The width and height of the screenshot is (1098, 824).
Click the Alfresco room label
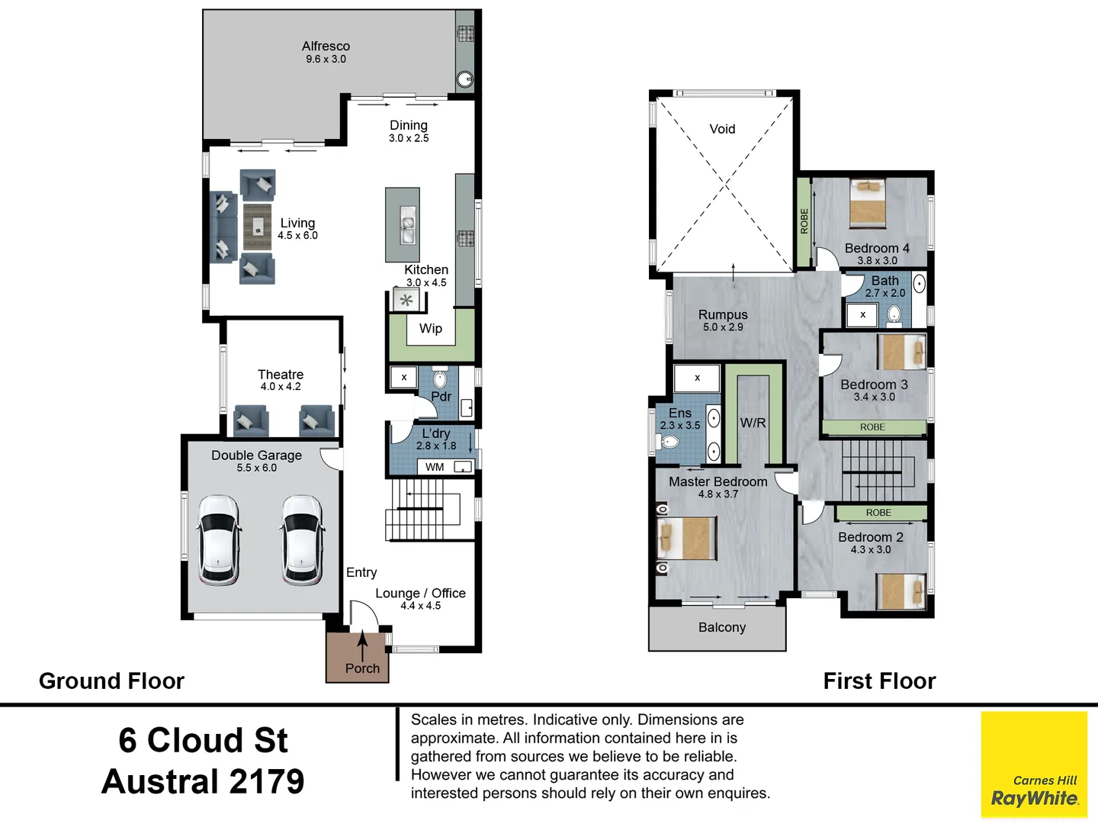click(326, 47)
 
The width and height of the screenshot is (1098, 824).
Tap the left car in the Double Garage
click(219, 539)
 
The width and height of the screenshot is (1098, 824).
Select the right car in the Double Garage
click(302, 539)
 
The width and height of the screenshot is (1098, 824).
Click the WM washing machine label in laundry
click(435, 467)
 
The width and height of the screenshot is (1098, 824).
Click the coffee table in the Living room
click(258, 227)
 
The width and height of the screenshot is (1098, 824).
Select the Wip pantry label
click(431, 329)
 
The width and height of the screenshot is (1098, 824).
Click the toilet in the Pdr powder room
click(440, 378)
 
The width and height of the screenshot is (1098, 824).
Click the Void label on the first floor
click(722, 129)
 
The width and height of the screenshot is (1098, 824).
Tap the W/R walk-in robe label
click(753, 423)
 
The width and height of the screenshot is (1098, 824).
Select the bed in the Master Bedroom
click(688, 539)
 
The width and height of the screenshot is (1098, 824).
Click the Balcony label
click(721, 627)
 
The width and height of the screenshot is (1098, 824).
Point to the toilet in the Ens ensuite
click(669, 442)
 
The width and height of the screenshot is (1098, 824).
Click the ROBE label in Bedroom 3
click(872, 427)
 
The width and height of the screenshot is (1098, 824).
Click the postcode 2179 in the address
click(266, 781)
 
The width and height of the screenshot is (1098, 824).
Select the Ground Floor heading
click(111, 681)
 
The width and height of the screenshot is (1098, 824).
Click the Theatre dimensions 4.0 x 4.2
click(281, 387)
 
